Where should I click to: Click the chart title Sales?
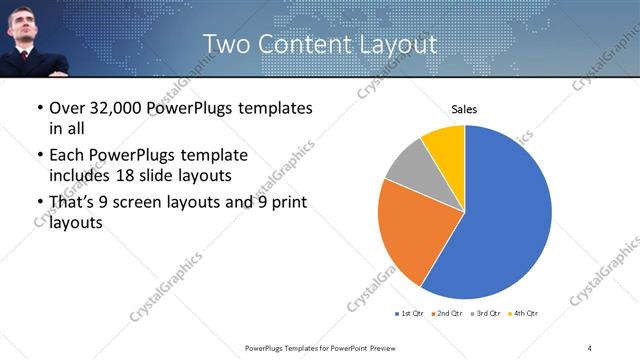pyautogui.click(x=464, y=108)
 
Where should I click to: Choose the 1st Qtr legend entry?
pyautogui.click(x=410, y=314)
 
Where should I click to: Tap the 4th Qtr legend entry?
pyautogui.click(x=523, y=314)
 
